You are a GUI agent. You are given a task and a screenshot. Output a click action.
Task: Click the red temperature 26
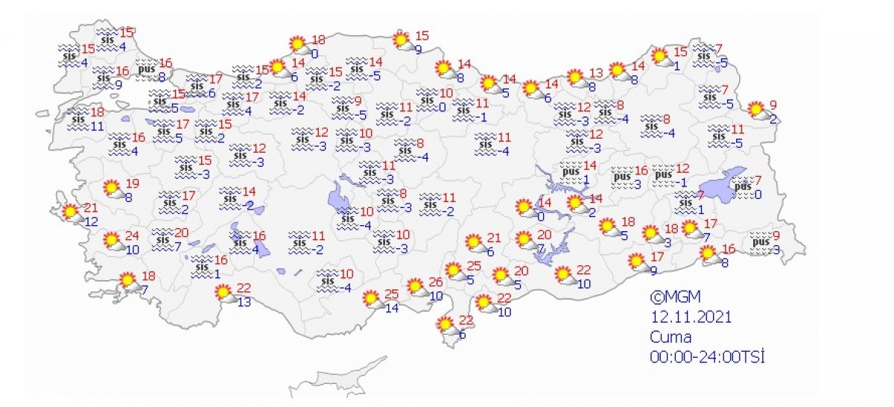(x=436, y=283)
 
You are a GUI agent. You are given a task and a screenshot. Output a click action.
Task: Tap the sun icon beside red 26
(x=416, y=286)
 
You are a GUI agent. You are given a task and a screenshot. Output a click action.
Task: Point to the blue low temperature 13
(x=243, y=302)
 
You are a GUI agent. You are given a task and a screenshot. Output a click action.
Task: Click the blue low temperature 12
(x=91, y=222)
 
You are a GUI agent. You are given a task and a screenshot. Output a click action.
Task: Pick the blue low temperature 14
(x=391, y=308)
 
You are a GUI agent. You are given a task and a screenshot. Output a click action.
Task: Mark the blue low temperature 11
(x=97, y=126)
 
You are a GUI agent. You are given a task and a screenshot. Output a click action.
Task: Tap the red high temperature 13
(x=595, y=73)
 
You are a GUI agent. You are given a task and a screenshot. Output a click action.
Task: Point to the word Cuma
(x=670, y=337)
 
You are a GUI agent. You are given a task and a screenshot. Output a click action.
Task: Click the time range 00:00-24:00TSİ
(x=707, y=357)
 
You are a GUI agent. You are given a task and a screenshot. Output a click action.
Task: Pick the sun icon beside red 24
(x=112, y=241)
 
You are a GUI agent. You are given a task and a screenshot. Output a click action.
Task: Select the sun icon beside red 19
(x=113, y=189)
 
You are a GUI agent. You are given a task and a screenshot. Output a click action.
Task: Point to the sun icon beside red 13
(x=575, y=78)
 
